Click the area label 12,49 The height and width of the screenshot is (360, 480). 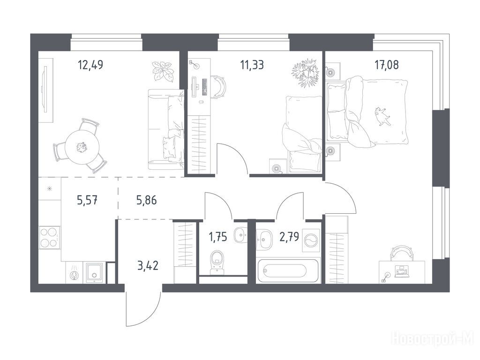pyautogui.click(x=90, y=65)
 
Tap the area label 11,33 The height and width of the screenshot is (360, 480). pyautogui.click(x=252, y=65)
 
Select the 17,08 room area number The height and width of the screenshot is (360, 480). pyautogui.click(x=387, y=65)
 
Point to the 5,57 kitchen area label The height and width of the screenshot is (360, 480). pyautogui.click(x=87, y=201)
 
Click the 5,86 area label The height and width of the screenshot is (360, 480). pyautogui.click(x=146, y=201)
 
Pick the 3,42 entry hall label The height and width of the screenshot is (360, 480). pyautogui.click(x=148, y=266)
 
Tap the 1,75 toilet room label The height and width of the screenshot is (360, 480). pyautogui.click(x=218, y=237)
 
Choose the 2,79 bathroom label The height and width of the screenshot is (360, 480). pyautogui.click(x=289, y=237)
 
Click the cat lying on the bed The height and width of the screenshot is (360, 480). pyautogui.click(x=382, y=116)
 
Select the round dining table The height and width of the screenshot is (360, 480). pyautogui.click(x=82, y=147)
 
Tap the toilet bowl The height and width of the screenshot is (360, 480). pyautogui.click(x=217, y=262)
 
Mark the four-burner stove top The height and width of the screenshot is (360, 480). pyautogui.click(x=50, y=238)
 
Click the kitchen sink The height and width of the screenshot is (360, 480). pyautogui.click(x=95, y=272)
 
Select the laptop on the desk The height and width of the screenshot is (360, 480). pyautogui.click(x=402, y=271)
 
